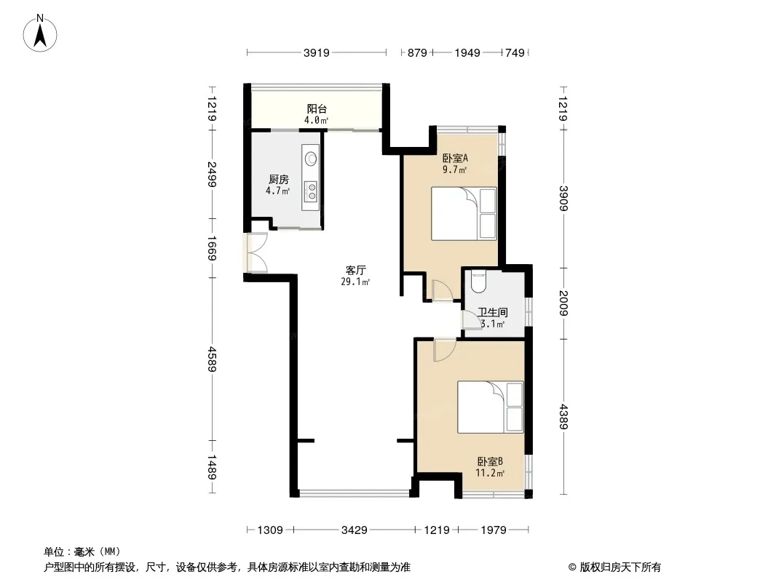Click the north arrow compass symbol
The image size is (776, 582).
(x=40, y=33)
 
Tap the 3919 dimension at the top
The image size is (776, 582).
(x=316, y=52)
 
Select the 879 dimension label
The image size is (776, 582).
(x=417, y=52)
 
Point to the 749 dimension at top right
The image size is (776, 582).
(x=515, y=52)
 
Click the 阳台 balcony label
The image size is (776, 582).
(x=317, y=109)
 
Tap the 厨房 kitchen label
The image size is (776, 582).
(x=279, y=180)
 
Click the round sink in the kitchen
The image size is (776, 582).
(x=311, y=159)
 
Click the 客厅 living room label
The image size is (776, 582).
(x=355, y=270)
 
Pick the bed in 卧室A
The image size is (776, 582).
(x=464, y=214)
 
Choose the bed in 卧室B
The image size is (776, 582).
(x=490, y=407)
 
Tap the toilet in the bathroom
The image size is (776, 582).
(x=478, y=280)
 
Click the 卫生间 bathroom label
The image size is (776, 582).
(x=492, y=313)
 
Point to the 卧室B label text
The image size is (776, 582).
(x=490, y=461)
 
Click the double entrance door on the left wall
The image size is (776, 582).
(x=255, y=252)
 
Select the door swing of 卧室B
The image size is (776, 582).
(x=445, y=350)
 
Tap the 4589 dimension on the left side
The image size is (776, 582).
(x=212, y=359)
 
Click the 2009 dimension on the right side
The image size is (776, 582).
(x=563, y=303)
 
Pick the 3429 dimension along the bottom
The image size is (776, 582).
(x=355, y=530)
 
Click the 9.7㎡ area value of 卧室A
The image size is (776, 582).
(x=454, y=170)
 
